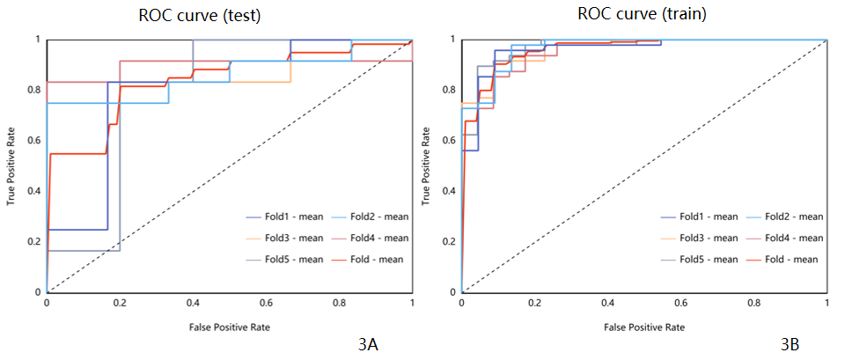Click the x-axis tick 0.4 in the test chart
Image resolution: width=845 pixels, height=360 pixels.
pyautogui.click(x=193, y=303)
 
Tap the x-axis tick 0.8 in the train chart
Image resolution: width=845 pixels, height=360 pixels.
pyautogui.click(x=753, y=303)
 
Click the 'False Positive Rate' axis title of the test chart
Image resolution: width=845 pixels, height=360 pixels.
pyautogui.click(x=229, y=327)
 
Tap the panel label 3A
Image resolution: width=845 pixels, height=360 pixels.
pyautogui.click(x=369, y=346)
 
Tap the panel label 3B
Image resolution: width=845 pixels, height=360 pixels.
pyautogui.click(x=790, y=346)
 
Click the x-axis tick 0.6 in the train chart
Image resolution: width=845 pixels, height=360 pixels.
pyautogui.click(x=680, y=303)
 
